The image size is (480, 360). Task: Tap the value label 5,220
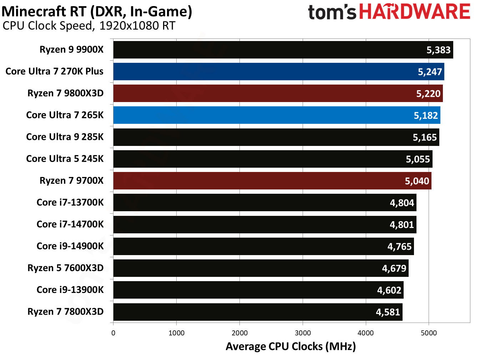click(x=428, y=94)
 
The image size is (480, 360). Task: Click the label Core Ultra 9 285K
click(x=65, y=137)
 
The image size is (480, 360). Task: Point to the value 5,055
click(x=418, y=159)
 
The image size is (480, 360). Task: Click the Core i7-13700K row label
click(x=70, y=203)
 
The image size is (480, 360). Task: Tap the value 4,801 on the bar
click(x=401, y=225)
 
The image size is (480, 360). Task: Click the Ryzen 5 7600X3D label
click(x=66, y=268)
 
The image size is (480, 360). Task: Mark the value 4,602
click(x=389, y=290)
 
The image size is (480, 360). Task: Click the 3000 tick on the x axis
click(x=303, y=333)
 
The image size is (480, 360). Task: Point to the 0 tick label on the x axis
click(x=113, y=333)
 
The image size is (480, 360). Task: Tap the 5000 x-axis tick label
click(x=429, y=333)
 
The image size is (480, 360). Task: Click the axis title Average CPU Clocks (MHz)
click(x=290, y=346)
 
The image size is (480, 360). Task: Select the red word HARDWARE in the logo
click(x=415, y=12)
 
